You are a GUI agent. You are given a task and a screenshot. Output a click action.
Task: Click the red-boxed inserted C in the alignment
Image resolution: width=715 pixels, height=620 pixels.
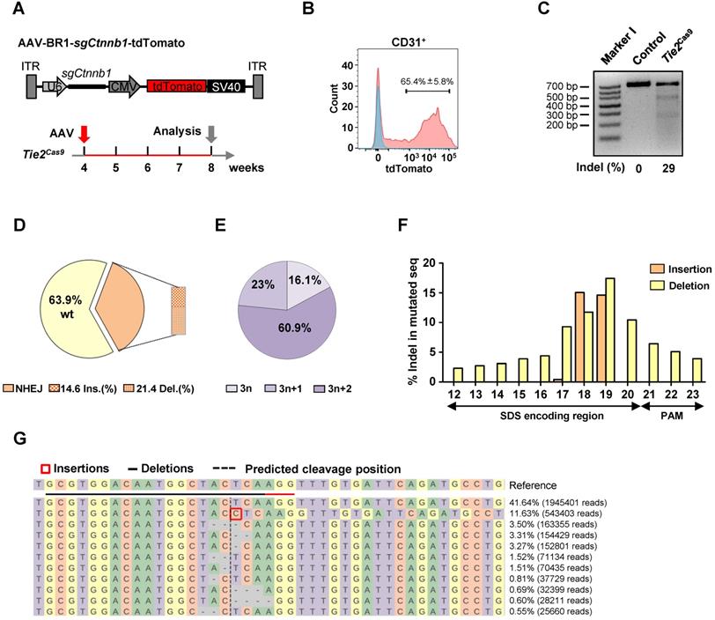(x=236, y=513)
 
